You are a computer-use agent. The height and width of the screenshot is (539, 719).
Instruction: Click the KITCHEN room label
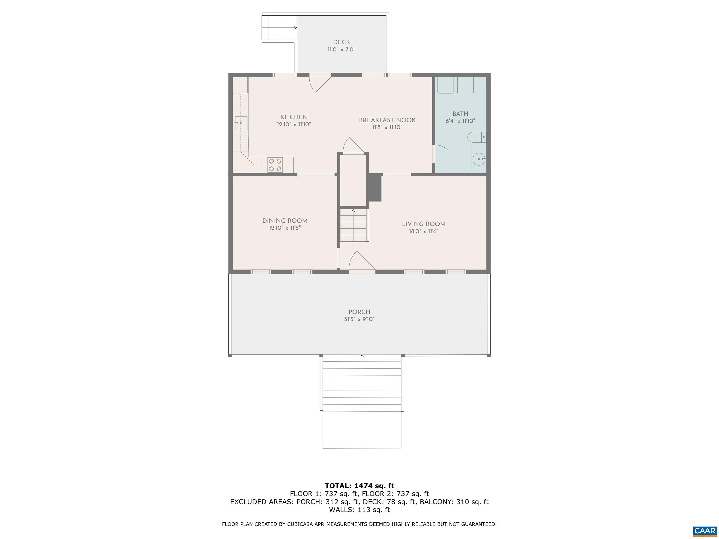click(x=294, y=117)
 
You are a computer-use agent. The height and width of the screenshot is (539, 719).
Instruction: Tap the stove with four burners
click(x=275, y=164)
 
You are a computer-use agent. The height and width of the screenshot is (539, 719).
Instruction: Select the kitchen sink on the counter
click(x=241, y=123)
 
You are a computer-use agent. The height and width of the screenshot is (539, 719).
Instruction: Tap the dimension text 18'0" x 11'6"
click(x=424, y=231)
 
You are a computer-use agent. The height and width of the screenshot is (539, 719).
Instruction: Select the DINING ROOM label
click(x=285, y=221)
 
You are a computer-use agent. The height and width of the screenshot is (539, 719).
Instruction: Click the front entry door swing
click(x=361, y=261)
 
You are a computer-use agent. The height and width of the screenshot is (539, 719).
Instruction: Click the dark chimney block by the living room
click(x=374, y=187)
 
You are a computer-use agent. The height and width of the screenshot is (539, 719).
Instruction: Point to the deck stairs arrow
click(x=295, y=28)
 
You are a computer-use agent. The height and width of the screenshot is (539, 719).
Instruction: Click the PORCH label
click(x=359, y=312)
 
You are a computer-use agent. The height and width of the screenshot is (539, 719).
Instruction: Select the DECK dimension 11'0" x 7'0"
click(x=341, y=50)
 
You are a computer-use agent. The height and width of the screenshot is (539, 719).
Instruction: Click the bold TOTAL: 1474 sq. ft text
click(x=359, y=486)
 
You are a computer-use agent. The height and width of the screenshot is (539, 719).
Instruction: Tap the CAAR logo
click(x=704, y=531)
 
